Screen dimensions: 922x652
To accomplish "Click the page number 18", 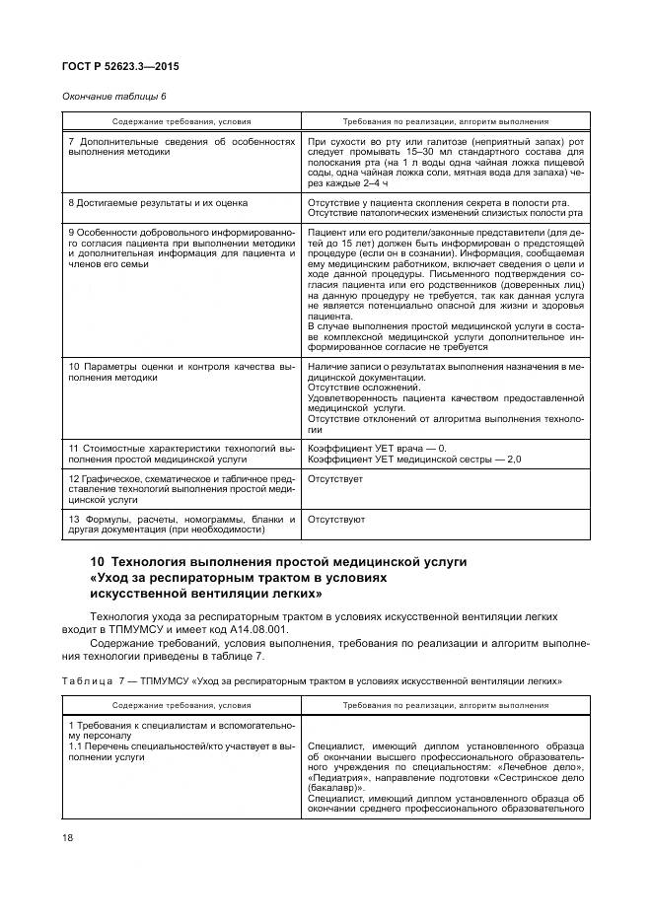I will click(68, 837).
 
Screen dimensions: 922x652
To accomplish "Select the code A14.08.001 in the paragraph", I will click(257, 628).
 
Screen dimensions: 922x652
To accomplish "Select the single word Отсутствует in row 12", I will click(335, 478).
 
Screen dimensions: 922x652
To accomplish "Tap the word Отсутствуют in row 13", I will click(336, 518).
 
